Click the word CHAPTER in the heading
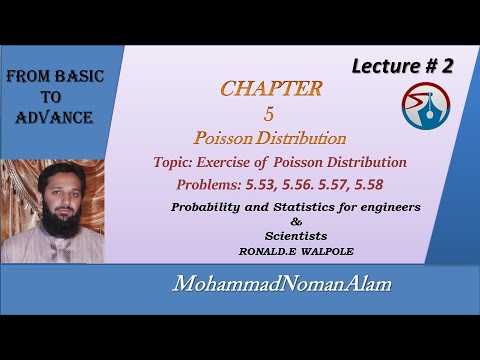[x=272, y=88]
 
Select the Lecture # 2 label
[x=401, y=67]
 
